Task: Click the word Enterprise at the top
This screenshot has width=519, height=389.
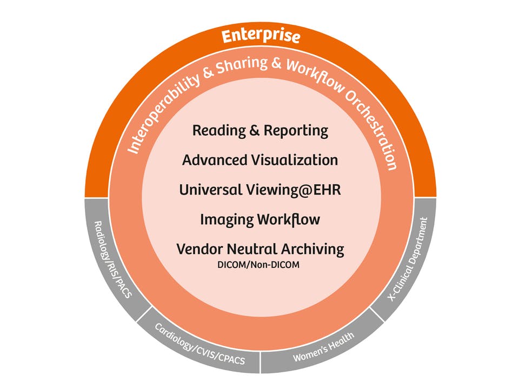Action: [x=261, y=37]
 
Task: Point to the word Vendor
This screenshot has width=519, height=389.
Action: [x=198, y=249]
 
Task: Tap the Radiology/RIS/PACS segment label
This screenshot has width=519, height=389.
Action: [x=112, y=259]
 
